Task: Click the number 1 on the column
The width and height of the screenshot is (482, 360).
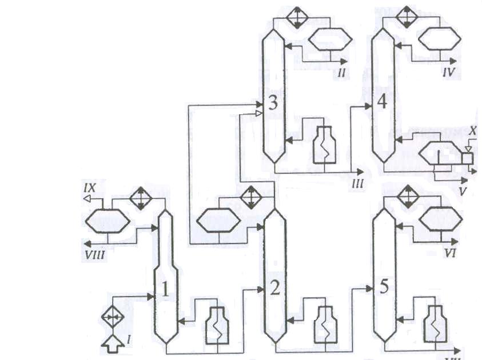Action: (x=165, y=290)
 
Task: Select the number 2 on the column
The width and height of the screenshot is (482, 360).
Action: (x=274, y=289)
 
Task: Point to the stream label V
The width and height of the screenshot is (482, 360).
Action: (x=462, y=191)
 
